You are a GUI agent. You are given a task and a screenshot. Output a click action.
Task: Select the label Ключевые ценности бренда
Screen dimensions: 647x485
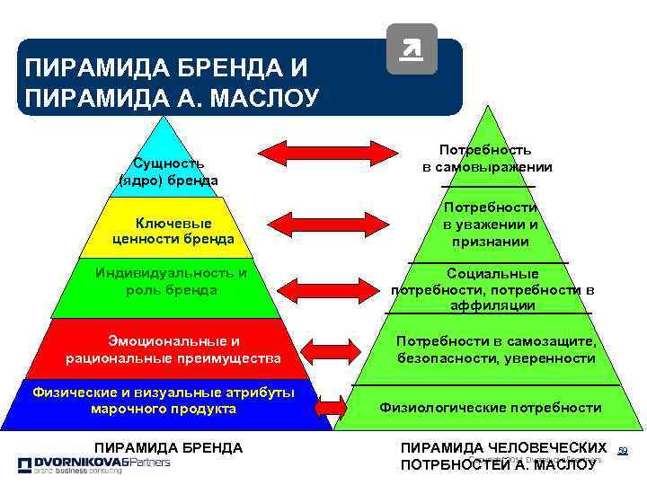[173, 231]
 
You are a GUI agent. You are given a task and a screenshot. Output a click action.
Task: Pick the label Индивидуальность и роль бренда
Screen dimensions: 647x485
[171, 281]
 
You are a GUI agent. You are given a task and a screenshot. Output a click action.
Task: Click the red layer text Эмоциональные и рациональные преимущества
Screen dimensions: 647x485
[173, 349]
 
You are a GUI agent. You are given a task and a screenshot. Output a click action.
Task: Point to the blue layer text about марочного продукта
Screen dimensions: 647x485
[164, 401]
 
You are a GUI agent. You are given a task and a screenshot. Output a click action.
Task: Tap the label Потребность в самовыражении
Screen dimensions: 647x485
[486, 159]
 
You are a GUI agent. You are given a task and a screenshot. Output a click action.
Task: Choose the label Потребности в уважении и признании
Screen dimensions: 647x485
[491, 225]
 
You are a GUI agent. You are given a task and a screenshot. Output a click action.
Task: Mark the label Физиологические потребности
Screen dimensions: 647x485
[491, 408]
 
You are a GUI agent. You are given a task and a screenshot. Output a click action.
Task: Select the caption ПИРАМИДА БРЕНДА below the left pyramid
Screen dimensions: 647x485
[168, 446]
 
